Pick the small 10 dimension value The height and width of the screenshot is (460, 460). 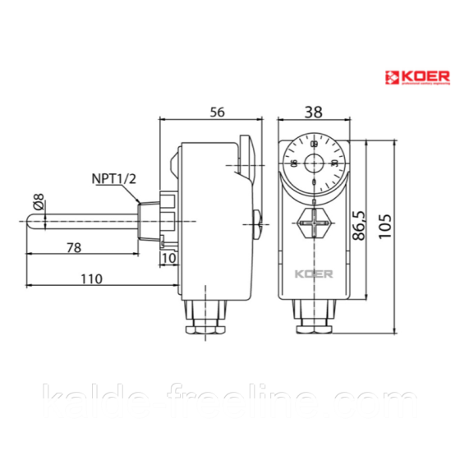click(169, 259)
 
